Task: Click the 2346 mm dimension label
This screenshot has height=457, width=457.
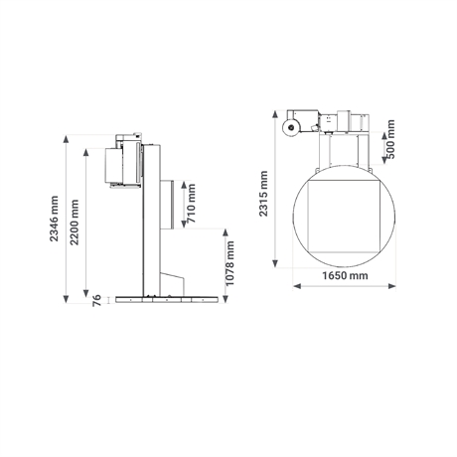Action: coord(54,219)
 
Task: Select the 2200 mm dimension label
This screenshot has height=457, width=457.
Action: coord(75,223)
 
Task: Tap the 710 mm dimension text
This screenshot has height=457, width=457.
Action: coord(192,203)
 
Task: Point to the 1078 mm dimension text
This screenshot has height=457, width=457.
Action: coord(229,263)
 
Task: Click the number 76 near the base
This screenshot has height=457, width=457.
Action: coord(96,300)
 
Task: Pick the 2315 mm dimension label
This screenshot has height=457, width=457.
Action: coord(263,194)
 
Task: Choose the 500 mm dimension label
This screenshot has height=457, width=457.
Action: coord(390,139)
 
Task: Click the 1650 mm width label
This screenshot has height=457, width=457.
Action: coord(345,275)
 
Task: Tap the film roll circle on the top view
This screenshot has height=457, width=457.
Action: coord(291,127)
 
